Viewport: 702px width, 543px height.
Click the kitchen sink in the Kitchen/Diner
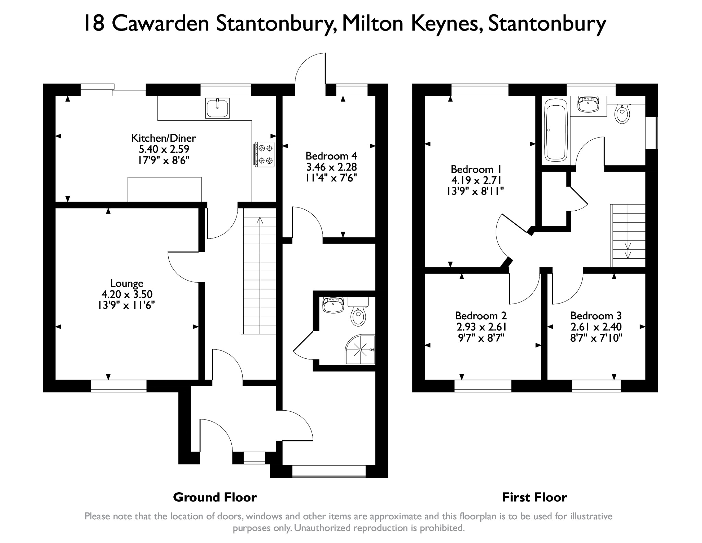coord(217,108)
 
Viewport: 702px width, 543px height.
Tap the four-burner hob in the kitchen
coord(264,154)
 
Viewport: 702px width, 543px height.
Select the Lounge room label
coord(127,283)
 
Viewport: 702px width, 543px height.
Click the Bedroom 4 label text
coord(331,156)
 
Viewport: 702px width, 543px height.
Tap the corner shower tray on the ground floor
coord(360,350)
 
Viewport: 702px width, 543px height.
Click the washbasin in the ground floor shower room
coord(333,305)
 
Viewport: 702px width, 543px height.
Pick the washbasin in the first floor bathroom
coord(588,104)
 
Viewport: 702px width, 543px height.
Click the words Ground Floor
coord(215,497)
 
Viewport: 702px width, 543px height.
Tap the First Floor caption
coord(535,497)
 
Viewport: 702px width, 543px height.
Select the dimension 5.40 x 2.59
coord(164,149)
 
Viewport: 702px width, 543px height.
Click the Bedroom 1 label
coord(476,169)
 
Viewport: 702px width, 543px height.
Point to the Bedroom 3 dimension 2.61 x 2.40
coord(596,327)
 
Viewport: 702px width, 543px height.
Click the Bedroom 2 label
coord(481,316)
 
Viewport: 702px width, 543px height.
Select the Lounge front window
coord(119,385)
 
